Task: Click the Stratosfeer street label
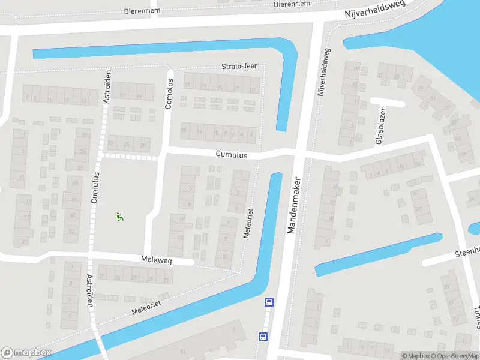pyautogui.click(x=239, y=66)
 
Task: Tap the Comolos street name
pyautogui.click(x=169, y=94)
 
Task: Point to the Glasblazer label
pyautogui.click(x=379, y=126)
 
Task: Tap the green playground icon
pyautogui.click(x=120, y=217)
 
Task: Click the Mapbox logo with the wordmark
pyautogui.click(x=26, y=353)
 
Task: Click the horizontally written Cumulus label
pyautogui.click(x=232, y=154)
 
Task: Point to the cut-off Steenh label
pyautogui.click(x=467, y=250)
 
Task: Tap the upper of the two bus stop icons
pyautogui.click(x=269, y=302)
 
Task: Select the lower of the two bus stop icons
pyautogui.click(x=263, y=337)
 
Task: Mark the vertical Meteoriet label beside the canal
pyautogui.click(x=248, y=224)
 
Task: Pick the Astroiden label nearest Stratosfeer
pyautogui.click(x=108, y=86)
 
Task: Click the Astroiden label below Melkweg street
pyautogui.click(x=89, y=290)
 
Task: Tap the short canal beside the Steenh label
pyautogui.click(x=378, y=254)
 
